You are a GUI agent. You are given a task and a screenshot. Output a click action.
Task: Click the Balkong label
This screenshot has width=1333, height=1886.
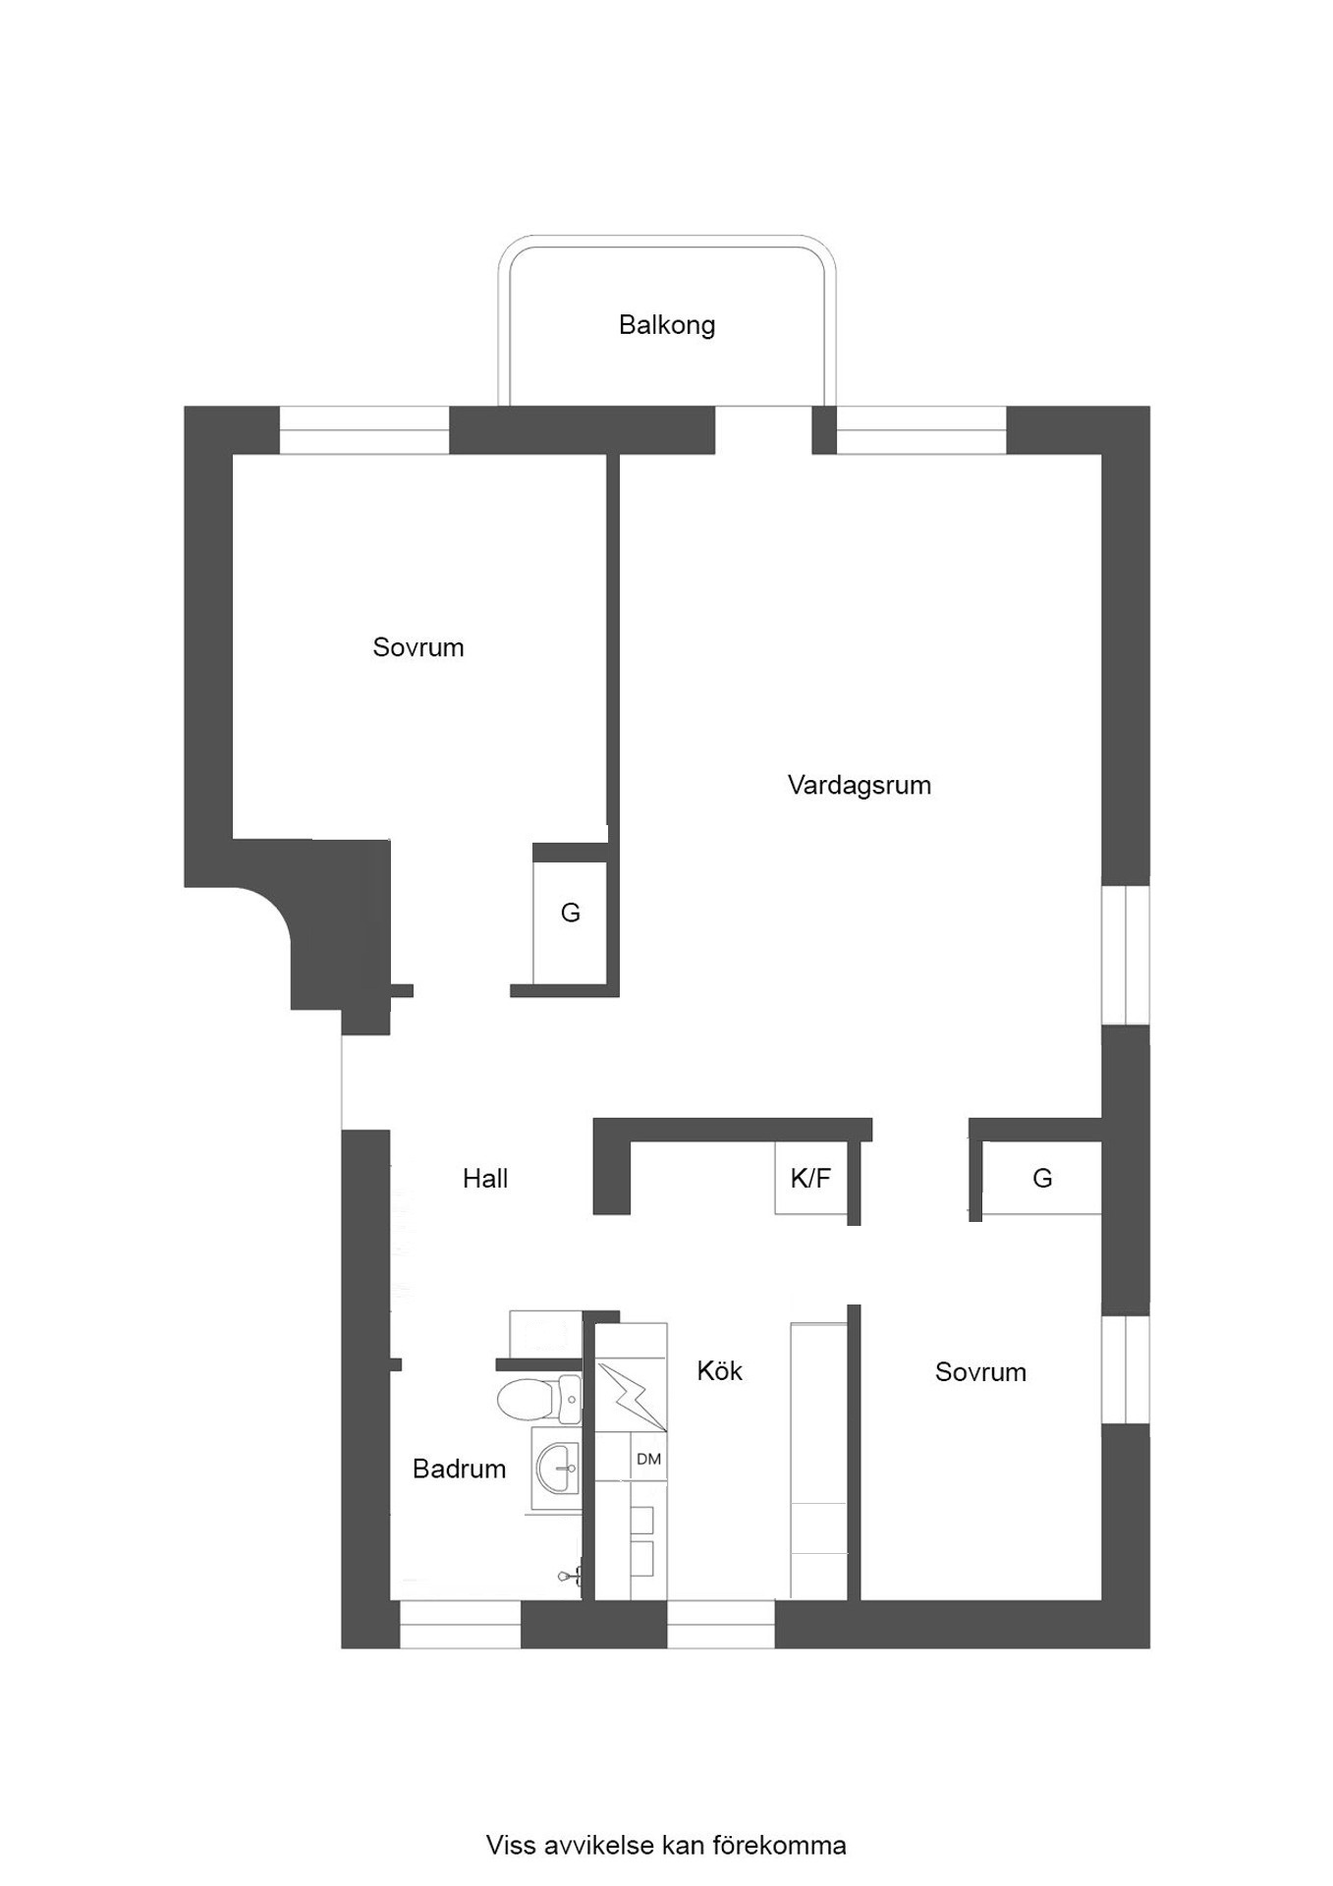tap(666, 325)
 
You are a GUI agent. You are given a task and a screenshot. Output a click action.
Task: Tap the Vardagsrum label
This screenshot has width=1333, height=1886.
tap(860, 785)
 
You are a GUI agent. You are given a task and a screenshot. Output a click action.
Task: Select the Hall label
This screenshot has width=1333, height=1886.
tap(485, 1179)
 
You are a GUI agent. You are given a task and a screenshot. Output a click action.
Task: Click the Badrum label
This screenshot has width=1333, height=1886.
tap(459, 1469)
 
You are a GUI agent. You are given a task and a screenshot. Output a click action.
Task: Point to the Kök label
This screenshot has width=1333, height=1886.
tap(719, 1370)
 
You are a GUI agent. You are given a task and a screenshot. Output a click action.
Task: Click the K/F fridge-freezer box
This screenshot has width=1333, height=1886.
tap(811, 1178)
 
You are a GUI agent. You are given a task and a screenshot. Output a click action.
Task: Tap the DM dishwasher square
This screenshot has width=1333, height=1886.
tap(648, 1459)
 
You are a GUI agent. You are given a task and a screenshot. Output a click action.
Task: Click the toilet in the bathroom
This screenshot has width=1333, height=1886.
tap(539, 1399)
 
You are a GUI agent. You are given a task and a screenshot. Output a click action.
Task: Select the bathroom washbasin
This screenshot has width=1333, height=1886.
tap(557, 1469)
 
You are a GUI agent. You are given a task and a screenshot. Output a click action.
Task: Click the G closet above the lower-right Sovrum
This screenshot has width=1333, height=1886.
tap(1042, 1178)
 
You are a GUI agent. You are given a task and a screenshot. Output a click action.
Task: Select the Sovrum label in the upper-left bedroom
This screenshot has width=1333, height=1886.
tap(417, 647)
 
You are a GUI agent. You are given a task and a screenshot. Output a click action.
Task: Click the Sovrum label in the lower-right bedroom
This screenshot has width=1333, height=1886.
tap(980, 1372)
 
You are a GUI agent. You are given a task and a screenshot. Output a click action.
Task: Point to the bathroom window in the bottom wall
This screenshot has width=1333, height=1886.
tap(460, 1636)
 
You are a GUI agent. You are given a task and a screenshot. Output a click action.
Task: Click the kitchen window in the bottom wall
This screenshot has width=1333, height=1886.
tap(721, 1636)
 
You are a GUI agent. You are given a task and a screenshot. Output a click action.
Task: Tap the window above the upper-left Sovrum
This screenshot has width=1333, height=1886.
tap(364, 430)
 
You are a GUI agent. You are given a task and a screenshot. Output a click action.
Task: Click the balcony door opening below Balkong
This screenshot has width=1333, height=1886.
tap(763, 430)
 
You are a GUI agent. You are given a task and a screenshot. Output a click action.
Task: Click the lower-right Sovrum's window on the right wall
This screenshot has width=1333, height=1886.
tap(1126, 1369)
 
